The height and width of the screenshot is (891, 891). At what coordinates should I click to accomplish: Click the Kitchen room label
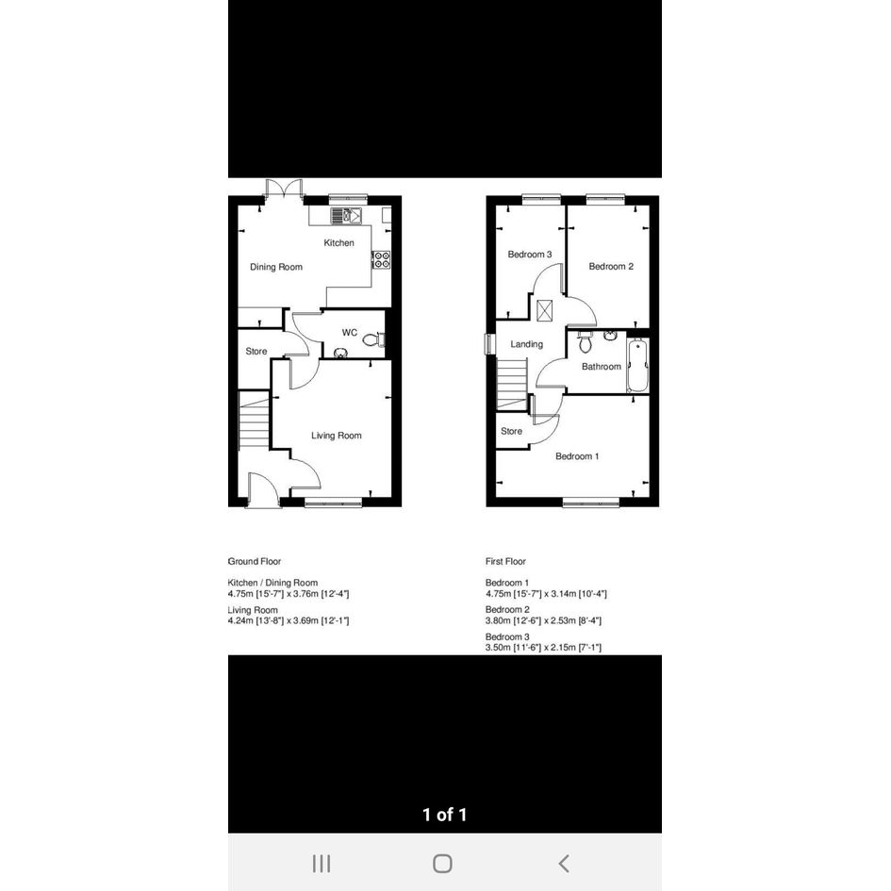(338, 242)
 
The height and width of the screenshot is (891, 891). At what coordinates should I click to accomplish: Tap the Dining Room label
(276, 267)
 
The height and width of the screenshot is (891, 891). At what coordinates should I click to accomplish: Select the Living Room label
(337, 436)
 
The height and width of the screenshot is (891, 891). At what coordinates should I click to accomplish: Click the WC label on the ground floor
(350, 333)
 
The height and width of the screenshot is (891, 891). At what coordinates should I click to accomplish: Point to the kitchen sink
(347, 215)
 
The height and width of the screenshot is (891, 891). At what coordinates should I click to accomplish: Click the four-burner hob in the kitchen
(381, 259)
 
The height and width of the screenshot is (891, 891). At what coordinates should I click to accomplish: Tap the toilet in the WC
(373, 339)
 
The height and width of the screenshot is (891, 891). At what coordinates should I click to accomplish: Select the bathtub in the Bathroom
(637, 366)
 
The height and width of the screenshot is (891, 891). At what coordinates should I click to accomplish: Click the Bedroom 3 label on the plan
(530, 254)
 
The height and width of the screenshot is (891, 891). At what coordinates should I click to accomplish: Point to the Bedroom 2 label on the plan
(611, 266)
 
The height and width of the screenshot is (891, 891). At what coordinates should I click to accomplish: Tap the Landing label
(526, 344)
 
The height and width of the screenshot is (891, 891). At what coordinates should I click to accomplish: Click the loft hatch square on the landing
(544, 310)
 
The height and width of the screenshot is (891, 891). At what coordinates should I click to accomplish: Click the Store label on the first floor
(511, 431)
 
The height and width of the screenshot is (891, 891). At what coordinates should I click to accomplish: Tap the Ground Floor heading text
(255, 561)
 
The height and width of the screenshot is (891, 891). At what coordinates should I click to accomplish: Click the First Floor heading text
(505, 561)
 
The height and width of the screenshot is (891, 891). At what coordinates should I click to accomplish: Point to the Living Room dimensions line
(289, 620)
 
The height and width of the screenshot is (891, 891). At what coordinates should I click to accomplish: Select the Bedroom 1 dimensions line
(546, 594)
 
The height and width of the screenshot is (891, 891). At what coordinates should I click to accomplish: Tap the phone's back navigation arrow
(564, 864)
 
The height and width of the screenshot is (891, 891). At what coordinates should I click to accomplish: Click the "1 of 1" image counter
(444, 815)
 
